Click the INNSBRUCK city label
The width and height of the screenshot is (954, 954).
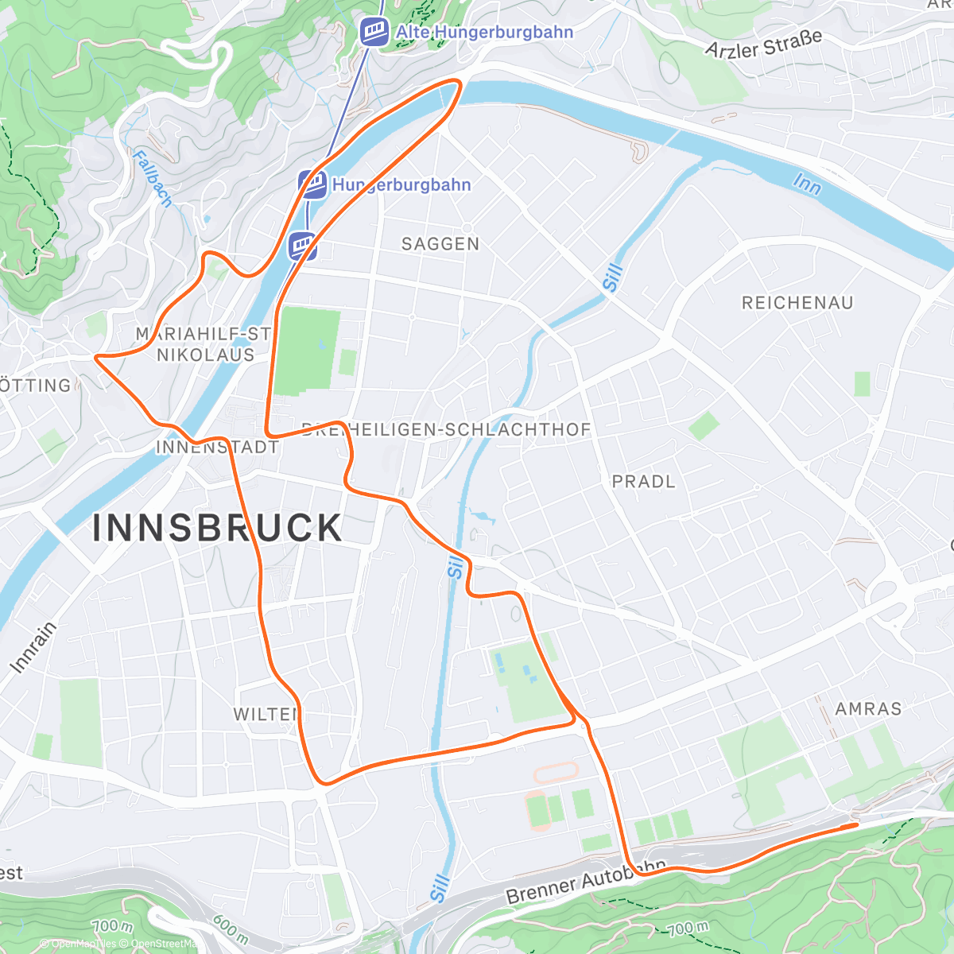click(217, 529)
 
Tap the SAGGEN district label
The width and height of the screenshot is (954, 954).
click(440, 244)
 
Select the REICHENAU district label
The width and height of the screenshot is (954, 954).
click(797, 303)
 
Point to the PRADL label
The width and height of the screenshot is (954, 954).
click(644, 482)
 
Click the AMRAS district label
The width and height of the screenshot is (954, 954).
click(868, 708)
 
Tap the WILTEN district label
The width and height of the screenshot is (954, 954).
click(266, 714)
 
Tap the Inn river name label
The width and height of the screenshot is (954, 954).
click(807, 184)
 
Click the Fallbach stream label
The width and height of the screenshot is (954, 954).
click(153, 178)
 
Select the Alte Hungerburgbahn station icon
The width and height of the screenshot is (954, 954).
click(374, 32)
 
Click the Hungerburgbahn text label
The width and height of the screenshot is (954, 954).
click(401, 185)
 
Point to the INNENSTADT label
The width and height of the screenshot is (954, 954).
click(216, 447)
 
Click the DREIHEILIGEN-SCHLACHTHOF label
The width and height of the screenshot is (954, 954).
click(447, 430)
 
